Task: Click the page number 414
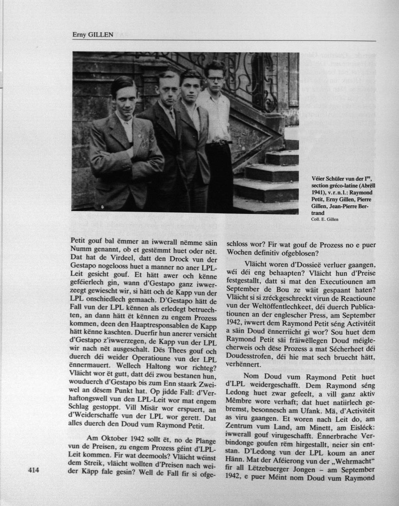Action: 34,471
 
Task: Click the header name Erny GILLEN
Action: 92,35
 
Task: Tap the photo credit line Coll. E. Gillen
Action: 325,219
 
